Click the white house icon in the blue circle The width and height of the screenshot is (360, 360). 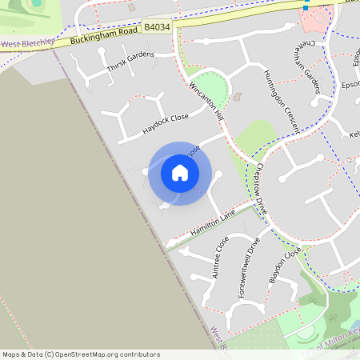coord(180,173)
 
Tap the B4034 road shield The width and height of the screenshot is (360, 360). coord(157,28)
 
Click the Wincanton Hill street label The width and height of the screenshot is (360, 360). coord(206,101)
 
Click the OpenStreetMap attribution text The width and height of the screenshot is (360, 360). coord(80,354)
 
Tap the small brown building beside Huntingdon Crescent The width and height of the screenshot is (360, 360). coord(237,97)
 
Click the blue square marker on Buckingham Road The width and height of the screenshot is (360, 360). coord(304,8)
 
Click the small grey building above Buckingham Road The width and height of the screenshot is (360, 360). coord(131,7)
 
